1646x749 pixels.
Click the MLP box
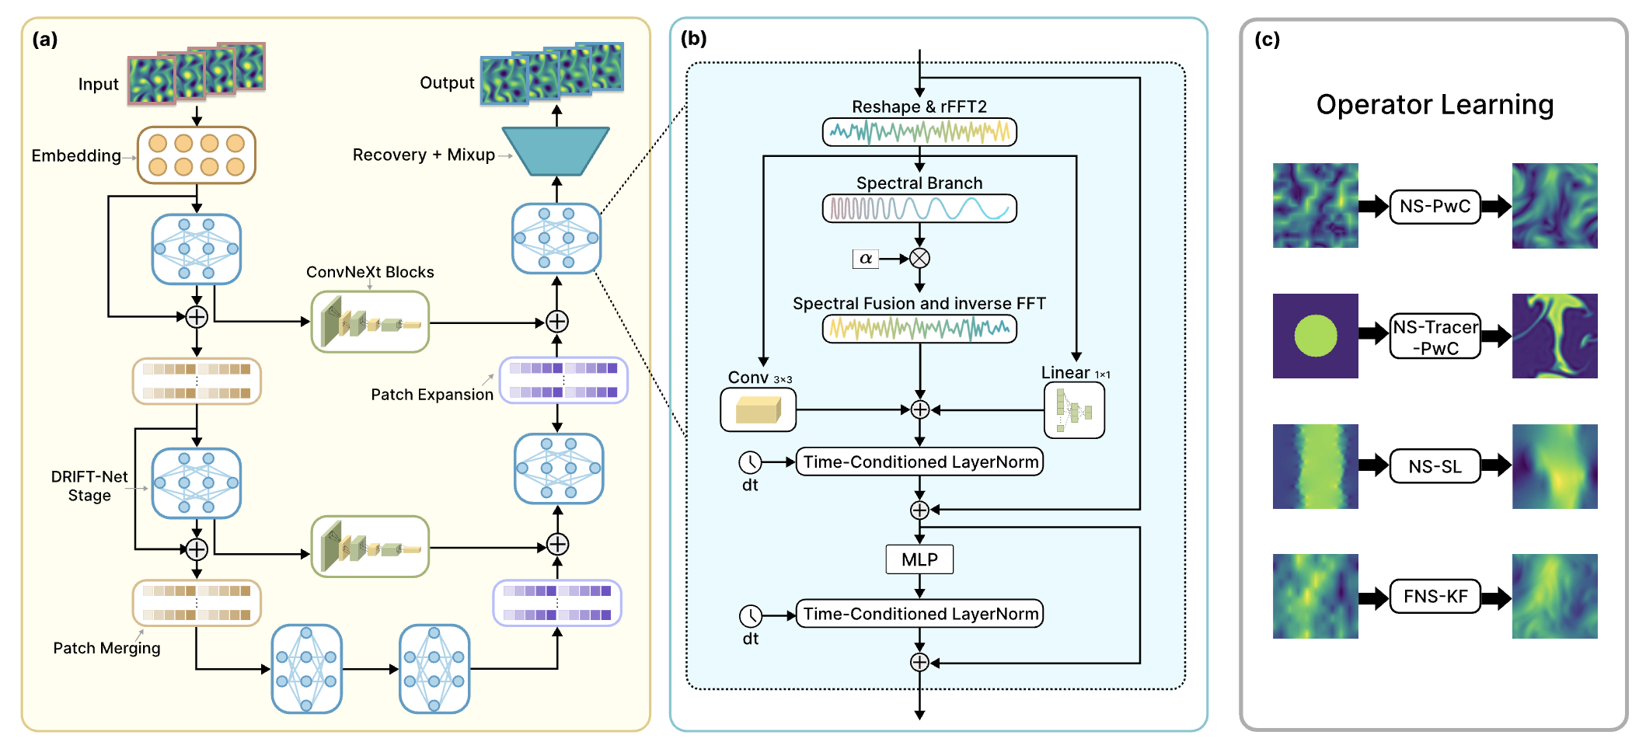[x=919, y=559]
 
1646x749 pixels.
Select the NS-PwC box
[x=1435, y=207]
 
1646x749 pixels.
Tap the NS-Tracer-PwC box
[x=1435, y=337]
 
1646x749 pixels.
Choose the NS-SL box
[x=1435, y=467]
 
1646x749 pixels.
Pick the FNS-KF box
[x=1435, y=597]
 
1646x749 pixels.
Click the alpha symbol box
[x=866, y=259]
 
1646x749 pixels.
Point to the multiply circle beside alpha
[x=919, y=259]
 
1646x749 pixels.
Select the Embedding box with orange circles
[x=197, y=155]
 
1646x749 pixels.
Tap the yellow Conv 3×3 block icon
[x=758, y=409]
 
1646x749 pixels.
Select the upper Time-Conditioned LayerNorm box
[x=919, y=462]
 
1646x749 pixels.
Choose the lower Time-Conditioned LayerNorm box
[x=919, y=614]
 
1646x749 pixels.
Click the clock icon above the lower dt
[x=750, y=616]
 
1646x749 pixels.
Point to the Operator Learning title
[x=1435, y=105]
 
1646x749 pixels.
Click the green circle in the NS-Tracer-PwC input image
[x=1315, y=336]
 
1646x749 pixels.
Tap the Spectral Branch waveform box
[x=919, y=209]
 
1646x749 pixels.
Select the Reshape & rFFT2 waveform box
[x=919, y=132]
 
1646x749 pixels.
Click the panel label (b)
[x=693, y=38]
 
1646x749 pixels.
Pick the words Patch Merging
[x=107, y=648]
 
